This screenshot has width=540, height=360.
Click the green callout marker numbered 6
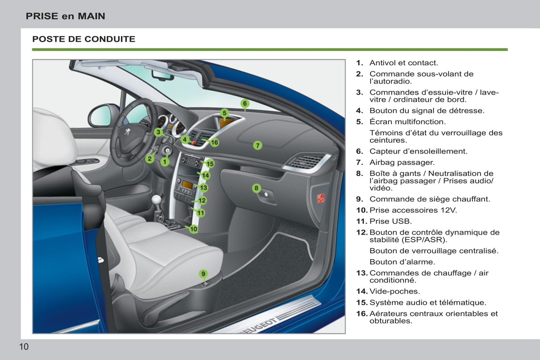(245, 103)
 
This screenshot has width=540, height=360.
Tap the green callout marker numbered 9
(203, 274)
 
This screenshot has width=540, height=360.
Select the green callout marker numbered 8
(256, 188)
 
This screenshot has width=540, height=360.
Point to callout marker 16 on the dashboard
(215, 142)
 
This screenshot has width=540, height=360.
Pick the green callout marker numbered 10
(194, 229)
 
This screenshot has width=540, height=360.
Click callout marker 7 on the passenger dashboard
(257, 145)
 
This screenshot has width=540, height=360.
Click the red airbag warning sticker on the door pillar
(321, 198)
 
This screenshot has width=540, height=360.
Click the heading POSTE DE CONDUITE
(84, 39)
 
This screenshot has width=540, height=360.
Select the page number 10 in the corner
(24, 347)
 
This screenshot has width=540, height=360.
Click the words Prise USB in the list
(391, 221)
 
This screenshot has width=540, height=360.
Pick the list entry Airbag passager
(402, 162)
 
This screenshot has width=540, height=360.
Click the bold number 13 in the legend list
(361, 273)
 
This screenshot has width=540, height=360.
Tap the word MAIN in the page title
(92, 16)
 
